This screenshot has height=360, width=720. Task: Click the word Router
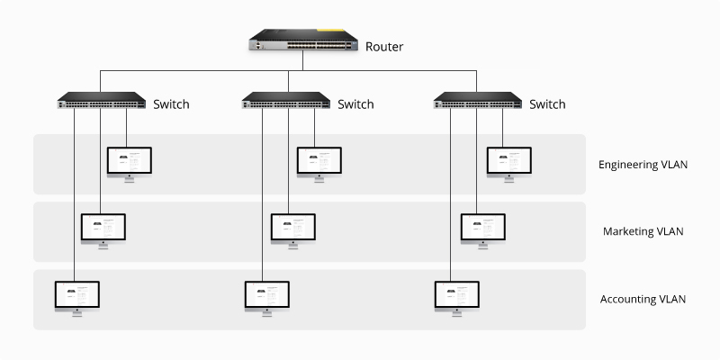click(x=384, y=45)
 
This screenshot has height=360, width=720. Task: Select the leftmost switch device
click(x=101, y=102)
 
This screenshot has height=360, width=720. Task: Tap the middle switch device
click(x=286, y=102)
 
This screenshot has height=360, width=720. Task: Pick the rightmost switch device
click(x=477, y=102)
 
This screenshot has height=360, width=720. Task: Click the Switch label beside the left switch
click(x=171, y=104)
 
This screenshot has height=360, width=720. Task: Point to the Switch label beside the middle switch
click(x=355, y=104)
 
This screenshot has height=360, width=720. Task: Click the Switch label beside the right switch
click(x=547, y=104)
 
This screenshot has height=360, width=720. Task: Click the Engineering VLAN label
click(x=644, y=165)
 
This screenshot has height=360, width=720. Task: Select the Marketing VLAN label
click(x=643, y=231)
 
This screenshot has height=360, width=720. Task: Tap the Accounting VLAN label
click(x=643, y=299)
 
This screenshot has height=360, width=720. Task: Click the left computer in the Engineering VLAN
click(x=130, y=162)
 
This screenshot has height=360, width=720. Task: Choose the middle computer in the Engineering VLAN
click(x=319, y=162)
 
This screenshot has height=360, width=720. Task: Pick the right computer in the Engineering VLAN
click(x=509, y=162)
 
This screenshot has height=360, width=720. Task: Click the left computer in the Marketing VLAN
click(x=103, y=229)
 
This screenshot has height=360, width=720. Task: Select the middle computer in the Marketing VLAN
click(x=293, y=229)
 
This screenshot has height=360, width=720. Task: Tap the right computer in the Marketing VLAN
click(x=483, y=229)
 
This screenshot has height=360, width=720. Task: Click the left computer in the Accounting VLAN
click(x=77, y=296)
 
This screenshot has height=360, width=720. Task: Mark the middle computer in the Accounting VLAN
click(x=267, y=296)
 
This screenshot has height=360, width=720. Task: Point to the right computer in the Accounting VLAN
click(x=457, y=296)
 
